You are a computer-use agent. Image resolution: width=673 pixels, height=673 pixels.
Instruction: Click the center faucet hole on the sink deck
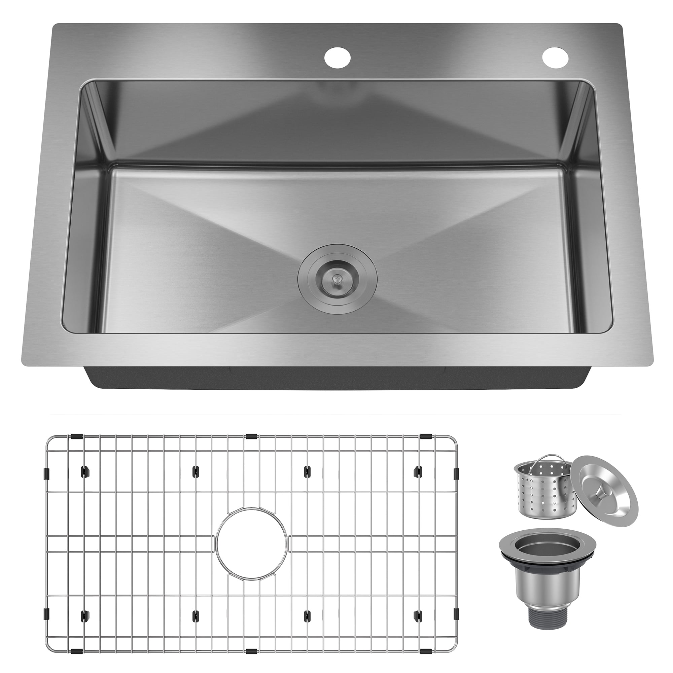(x=337, y=57)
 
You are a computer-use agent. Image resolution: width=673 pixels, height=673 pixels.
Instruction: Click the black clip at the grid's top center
(x=251, y=436)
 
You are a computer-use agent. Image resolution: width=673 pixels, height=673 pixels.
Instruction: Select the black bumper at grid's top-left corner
(x=76, y=436)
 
